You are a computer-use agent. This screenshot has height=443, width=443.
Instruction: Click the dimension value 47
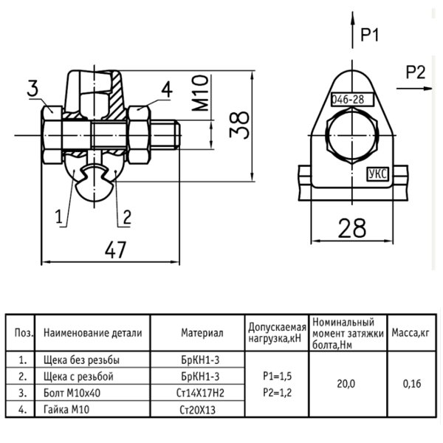(x=115, y=250)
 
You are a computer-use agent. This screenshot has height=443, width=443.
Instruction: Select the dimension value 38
(x=239, y=125)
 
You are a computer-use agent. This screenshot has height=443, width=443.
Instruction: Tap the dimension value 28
(x=351, y=228)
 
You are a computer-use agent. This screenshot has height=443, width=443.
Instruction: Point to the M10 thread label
(x=200, y=93)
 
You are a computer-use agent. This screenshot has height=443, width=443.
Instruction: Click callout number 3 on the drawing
(x=32, y=88)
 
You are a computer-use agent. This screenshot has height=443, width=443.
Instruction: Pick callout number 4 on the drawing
(x=167, y=89)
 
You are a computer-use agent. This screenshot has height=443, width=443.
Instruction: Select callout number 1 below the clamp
(x=59, y=216)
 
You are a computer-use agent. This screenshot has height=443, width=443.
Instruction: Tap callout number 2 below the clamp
(x=127, y=217)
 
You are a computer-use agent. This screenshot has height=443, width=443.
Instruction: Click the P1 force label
(x=370, y=35)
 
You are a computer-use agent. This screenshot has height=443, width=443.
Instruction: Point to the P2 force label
(x=415, y=72)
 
